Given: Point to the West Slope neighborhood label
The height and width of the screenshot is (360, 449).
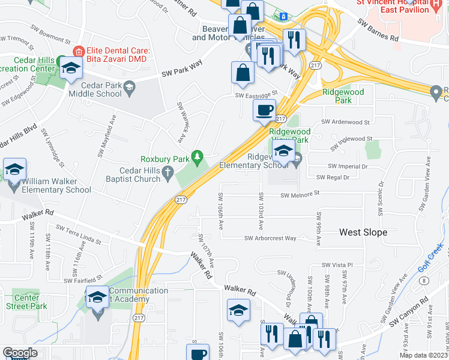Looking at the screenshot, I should pyautogui.click(x=363, y=232).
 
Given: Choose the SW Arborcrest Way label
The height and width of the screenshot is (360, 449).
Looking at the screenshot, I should pyautogui.click(x=270, y=238).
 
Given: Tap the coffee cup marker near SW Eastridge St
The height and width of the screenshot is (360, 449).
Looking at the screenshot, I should pyautogui.click(x=264, y=110).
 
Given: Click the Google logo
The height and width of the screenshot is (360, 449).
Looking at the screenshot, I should pyautogui.click(x=20, y=353).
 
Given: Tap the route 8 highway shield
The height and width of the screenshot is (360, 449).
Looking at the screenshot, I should pyautogui.click(x=424, y=280).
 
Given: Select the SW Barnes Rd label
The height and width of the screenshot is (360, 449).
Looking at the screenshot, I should pyautogui.click(x=378, y=31).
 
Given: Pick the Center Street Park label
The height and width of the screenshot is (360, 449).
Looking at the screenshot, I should pyautogui.click(x=26, y=302).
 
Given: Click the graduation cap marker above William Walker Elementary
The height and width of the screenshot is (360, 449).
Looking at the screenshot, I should pyautogui.click(x=14, y=169).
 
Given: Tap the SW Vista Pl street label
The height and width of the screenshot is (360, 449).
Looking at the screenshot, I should pyautogui.click(x=336, y=265).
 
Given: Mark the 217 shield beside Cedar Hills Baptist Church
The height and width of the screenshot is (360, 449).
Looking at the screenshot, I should pyautogui.click(x=179, y=199).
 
